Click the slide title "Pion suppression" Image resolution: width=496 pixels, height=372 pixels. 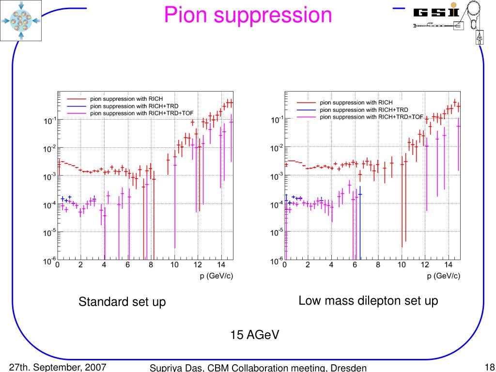248,15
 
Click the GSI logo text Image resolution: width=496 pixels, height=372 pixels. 435,12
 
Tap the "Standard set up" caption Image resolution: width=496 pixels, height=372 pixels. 122,302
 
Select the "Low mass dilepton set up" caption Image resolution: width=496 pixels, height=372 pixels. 368,301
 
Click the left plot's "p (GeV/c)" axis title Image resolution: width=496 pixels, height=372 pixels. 217,276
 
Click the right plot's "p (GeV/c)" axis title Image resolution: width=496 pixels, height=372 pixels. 444,276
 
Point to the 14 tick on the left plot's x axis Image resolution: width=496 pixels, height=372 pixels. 221,265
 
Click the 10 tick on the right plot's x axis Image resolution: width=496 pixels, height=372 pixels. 402,265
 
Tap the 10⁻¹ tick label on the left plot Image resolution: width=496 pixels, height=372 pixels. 49,121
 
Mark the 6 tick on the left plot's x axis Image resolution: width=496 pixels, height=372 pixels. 127,265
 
